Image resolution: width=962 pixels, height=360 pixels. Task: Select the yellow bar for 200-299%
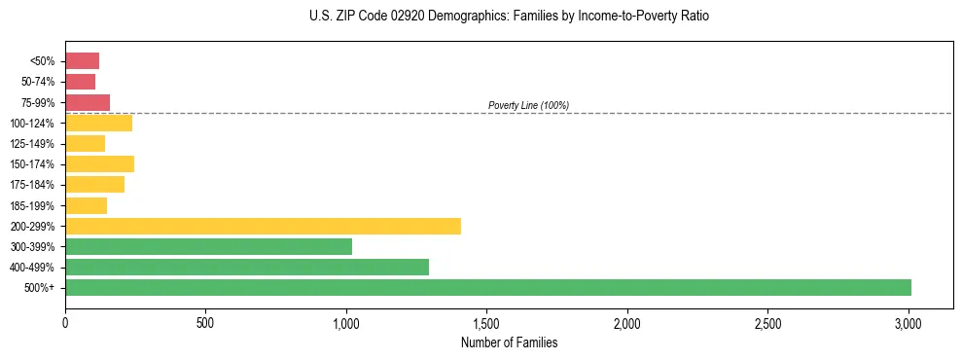point(263,226)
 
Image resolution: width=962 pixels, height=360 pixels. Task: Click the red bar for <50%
point(82,61)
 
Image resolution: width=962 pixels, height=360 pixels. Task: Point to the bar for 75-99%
point(88,102)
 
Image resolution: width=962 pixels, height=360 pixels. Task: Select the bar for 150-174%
point(99,163)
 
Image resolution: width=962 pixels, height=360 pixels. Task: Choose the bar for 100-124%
point(98,123)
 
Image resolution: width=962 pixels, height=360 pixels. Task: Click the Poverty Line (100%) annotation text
point(528,105)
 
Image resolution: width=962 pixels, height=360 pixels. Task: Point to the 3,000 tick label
point(909,322)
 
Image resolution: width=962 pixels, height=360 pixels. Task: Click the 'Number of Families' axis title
point(509,342)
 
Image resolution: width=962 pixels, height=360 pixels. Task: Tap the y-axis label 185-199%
point(32,205)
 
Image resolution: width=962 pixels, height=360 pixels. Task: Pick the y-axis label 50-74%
point(37,82)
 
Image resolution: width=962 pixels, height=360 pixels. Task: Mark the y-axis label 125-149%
point(32,144)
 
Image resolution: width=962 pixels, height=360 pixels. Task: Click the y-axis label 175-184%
point(32,185)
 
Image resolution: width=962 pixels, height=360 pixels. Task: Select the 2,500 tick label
point(767,322)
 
